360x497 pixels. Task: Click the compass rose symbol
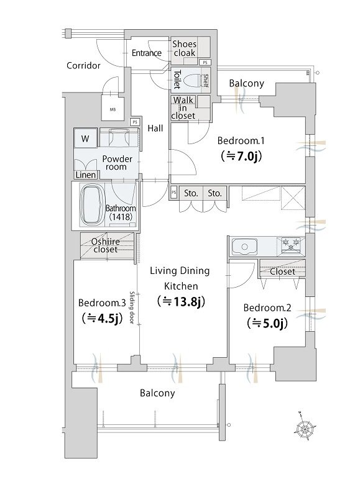click(x=305, y=429)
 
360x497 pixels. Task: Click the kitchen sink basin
click(x=244, y=247)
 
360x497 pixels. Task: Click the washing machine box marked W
click(x=85, y=139)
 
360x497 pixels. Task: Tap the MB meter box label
click(x=113, y=110)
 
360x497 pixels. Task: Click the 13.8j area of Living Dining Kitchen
click(x=181, y=301)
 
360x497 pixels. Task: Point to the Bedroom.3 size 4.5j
click(x=102, y=318)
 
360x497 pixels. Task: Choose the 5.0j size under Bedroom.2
click(x=267, y=323)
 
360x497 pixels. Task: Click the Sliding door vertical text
click(x=132, y=307)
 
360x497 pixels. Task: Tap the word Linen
click(x=86, y=175)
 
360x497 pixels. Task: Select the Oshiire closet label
click(x=106, y=245)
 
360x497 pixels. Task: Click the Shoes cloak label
click(x=184, y=48)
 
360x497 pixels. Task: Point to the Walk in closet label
click(x=183, y=107)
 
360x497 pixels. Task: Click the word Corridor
click(x=83, y=66)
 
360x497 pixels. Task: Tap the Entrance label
click(x=147, y=53)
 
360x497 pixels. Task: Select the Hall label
click(x=155, y=129)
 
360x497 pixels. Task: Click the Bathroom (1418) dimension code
click(x=120, y=217)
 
